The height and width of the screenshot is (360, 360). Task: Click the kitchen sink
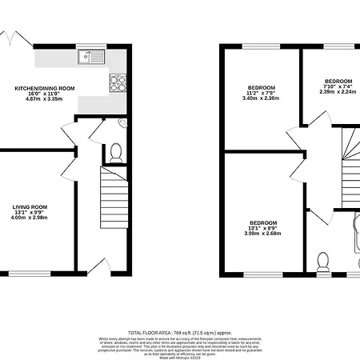click(x=90, y=57)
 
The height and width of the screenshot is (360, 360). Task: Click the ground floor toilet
click(x=115, y=151)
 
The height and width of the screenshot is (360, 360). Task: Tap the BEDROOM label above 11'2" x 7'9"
click(x=261, y=86)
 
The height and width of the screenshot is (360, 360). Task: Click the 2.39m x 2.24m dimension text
click(x=337, y=92)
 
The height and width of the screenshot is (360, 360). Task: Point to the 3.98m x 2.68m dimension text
click(x=262, y=234)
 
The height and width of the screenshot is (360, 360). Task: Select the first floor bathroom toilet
click(x=323, y=261)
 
